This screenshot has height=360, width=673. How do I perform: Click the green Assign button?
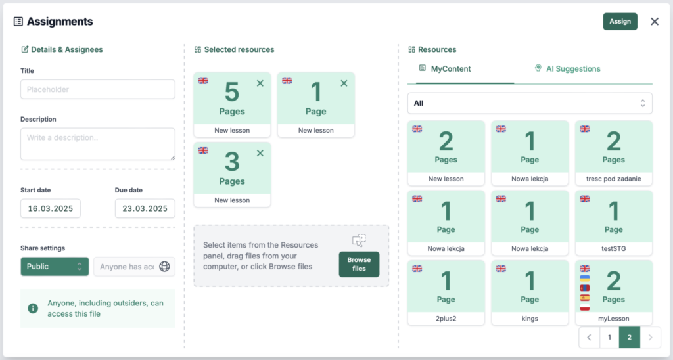coord(620,22)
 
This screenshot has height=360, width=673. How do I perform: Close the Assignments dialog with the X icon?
coord(655,22)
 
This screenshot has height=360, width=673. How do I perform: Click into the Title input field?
coord(97,89)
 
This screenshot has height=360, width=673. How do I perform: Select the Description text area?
coord(97,144)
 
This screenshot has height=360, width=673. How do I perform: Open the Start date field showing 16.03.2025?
coord(50,209)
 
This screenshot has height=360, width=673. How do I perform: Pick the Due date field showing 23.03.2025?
coord(145,209)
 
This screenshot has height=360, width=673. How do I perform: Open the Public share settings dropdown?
coord(55,267)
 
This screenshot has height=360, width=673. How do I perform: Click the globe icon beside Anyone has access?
coord(165,267)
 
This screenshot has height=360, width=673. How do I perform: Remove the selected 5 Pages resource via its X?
coord(260,83)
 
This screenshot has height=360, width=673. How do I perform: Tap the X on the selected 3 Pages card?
coord(260,153)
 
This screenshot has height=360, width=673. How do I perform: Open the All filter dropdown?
coord(530,103)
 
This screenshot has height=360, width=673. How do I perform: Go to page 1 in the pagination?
coord(609,338)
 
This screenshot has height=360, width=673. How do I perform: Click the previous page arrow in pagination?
coord(589,338)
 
